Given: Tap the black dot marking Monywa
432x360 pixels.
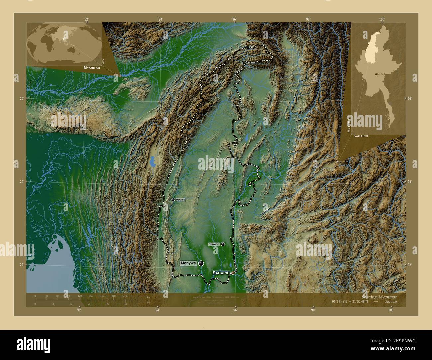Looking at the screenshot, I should [201, 263].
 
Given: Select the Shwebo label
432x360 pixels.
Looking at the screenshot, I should [214, 244].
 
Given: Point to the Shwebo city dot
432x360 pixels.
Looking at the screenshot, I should [223, 244].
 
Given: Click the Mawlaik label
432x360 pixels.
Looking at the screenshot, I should [180, 200].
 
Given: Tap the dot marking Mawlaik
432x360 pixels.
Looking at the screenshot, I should [173, 200].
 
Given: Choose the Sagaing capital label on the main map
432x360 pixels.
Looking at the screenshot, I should [221, 273].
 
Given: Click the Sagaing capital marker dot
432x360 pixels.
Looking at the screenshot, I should [233, 273].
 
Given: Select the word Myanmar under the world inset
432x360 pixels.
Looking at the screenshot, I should [92, 67].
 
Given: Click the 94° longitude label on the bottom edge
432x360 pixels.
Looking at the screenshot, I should [157, 310].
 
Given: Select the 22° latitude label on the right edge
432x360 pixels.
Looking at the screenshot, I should [409, 264].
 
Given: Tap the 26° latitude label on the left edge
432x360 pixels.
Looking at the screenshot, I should [21, 98].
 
